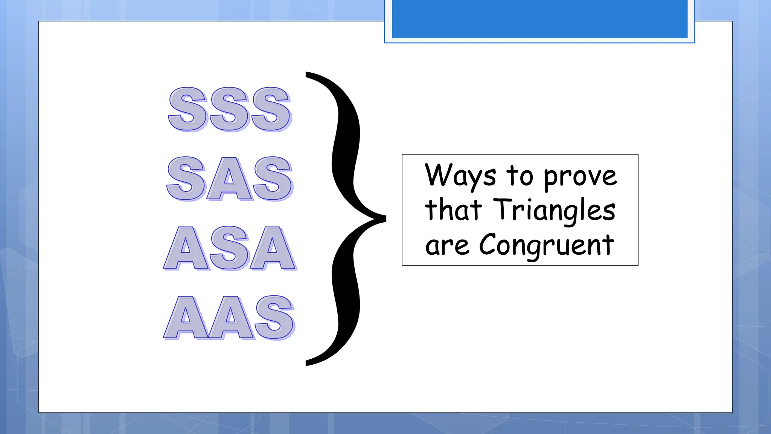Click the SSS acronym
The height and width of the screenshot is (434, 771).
[230, 109]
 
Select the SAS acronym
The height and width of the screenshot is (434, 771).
[230, 179]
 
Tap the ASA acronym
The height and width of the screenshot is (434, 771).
[230, 248]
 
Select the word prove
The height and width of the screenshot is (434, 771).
[580, 177]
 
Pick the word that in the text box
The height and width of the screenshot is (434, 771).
[453, 210]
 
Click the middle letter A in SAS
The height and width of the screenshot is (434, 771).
[229, 179]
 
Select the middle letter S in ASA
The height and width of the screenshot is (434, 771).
[230, 248]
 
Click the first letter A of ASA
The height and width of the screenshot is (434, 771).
[186, 249]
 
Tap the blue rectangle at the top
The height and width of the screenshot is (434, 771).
[539, 19]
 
